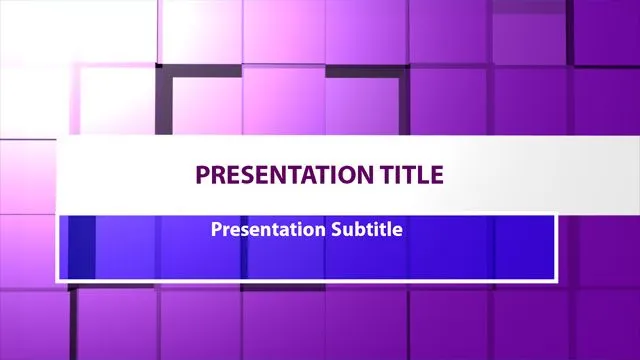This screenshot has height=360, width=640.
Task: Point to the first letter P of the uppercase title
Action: coord(202,175)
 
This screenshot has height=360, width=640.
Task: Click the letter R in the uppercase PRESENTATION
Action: coord(217,175)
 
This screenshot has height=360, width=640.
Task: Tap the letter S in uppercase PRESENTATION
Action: coord(246,175)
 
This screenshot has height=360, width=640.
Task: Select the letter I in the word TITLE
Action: coord(397,175)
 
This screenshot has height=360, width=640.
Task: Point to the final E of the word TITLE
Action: coord(435,175)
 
